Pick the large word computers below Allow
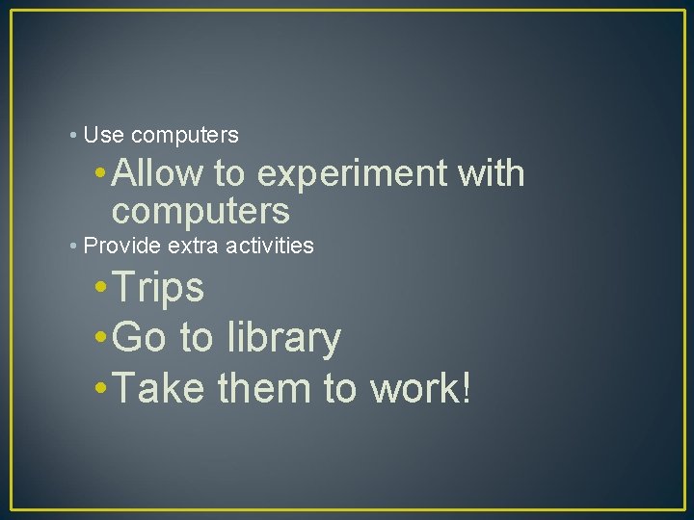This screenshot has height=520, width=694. (x=200, y=210)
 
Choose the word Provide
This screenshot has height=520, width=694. (x=122, y=246)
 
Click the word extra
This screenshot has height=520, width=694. (x=195, y=246)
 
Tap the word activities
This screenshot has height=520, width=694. (x=270, y=246)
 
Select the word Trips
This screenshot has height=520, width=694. (x=158, y=288)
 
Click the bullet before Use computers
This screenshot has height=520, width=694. (x=74, y=135)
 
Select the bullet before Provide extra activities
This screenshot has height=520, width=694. (x=74, y=246)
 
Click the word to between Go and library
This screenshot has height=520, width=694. (x=198, y=339)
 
